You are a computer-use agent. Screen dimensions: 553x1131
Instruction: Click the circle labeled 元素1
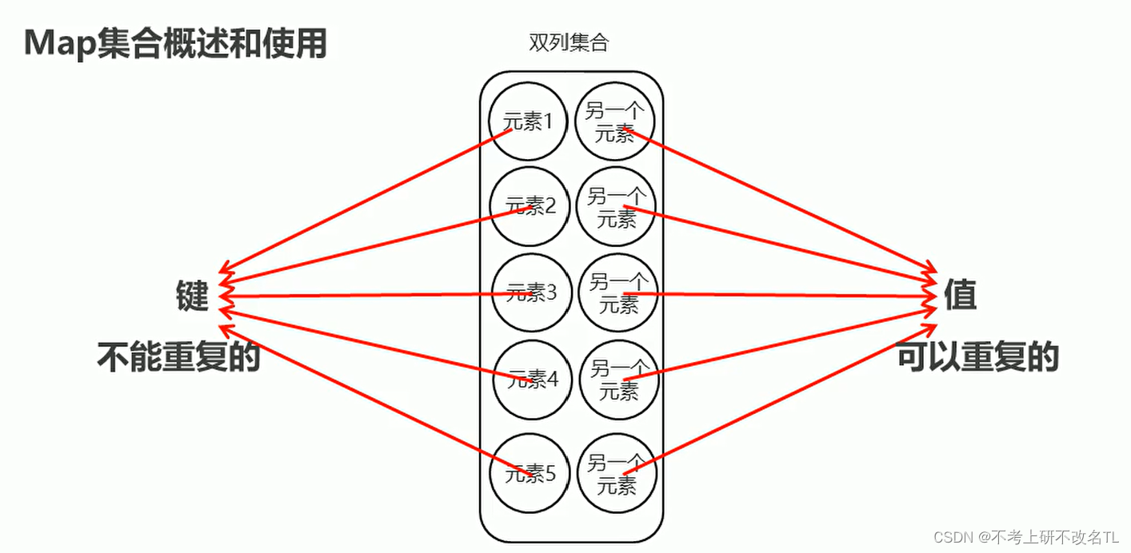point(528,121)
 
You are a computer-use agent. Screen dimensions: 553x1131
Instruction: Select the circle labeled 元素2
point(529,206)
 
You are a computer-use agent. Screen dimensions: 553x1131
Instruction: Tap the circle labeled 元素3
point(530,293)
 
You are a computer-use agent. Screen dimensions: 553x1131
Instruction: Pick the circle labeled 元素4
point(531,380)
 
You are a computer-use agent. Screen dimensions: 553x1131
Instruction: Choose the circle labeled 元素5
point(530,474)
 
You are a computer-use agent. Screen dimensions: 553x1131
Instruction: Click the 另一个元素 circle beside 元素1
point(614,121)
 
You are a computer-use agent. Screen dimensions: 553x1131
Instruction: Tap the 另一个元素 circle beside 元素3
point(617,293)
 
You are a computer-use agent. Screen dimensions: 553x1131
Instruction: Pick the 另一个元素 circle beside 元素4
point(618,380)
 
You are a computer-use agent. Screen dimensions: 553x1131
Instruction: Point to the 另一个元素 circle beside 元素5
point(617,474)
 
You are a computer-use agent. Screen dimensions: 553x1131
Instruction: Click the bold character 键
point(192,296)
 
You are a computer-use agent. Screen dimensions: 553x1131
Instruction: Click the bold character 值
point(960,296)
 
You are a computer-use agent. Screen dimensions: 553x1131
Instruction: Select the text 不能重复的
point(179,357)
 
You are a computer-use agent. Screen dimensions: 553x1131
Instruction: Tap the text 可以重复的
point(977,357)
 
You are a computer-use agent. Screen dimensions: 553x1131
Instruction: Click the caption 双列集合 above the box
point(569,43)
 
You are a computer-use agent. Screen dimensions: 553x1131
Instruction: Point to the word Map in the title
point(60,43)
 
